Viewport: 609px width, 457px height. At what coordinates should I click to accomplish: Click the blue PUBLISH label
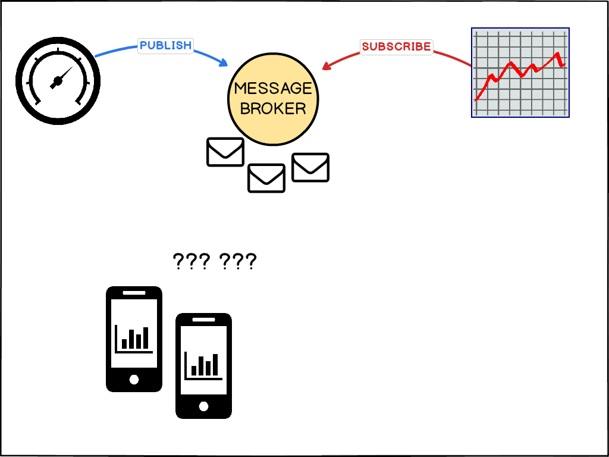165,45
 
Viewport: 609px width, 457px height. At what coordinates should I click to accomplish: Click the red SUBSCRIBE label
396,46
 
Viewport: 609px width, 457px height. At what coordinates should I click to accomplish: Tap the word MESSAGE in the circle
273,89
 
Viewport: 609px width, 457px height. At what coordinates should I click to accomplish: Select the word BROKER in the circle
273,108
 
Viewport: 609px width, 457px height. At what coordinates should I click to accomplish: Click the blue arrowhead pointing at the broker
224,62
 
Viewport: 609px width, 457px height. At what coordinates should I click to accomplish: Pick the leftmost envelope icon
225,152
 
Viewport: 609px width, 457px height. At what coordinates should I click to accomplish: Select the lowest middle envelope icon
266,178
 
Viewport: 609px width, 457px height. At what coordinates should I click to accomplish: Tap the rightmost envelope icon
310,167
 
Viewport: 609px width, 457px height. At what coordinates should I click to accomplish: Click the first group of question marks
190,261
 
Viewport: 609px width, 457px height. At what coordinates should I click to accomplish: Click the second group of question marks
238,261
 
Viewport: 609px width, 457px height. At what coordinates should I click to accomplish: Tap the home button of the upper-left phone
134,379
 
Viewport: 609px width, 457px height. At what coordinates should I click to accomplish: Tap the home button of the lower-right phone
203,406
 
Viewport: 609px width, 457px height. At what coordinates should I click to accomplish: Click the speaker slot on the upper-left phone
134,293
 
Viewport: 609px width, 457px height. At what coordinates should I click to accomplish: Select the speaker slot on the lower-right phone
203,320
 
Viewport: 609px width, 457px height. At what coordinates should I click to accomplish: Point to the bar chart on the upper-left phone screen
134,339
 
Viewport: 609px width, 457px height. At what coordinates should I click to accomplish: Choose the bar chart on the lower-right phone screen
203,365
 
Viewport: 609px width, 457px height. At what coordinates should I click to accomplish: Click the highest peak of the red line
558,54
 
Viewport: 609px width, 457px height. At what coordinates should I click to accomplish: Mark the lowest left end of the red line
476,99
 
